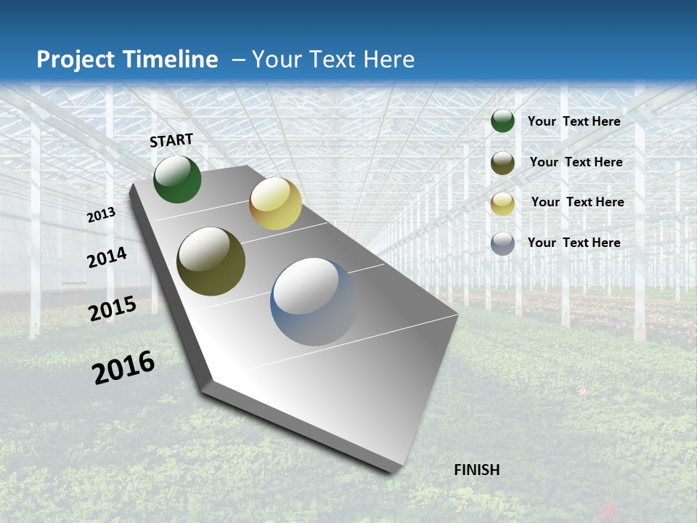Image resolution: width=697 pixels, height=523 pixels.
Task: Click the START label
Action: click(x=171, y=139)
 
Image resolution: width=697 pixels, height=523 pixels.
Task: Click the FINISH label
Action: click(x=476, y=470)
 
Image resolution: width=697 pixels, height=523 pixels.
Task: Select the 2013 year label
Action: click(x=102, y=215)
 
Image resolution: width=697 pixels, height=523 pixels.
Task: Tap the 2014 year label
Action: click(x=107, y=257)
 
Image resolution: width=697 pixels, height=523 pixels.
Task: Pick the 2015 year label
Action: click(x=113, y=309)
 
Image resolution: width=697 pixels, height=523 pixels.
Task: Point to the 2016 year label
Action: click(x=123, y=368)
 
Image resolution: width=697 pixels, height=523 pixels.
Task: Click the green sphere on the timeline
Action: click(x=177, y=179)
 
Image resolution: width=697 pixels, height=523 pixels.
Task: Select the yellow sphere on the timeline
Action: click(x=275, y=203)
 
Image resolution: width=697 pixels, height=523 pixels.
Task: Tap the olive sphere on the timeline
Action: click(x=211, y=261)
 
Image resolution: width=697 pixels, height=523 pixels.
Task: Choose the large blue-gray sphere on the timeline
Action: click(x=314, y=301)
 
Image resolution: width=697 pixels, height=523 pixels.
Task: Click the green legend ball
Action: click(x=502, y=121)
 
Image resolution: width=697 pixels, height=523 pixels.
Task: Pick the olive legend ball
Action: click(x=502, y=163)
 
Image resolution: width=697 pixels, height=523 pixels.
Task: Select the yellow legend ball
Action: click(x=502, y=203)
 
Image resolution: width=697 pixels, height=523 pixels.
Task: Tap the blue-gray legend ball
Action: click(x=502, y=243)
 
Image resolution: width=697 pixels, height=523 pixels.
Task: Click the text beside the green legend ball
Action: click(x=574, y=121)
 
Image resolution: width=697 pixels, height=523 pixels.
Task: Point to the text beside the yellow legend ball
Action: click(x=577, y=202)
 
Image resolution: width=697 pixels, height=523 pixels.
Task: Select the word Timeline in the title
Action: click(x=172, y=60)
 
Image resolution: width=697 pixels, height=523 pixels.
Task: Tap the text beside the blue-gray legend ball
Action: click(x=574, y=243)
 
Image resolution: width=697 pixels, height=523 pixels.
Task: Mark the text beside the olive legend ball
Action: click(x=576, y=162)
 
